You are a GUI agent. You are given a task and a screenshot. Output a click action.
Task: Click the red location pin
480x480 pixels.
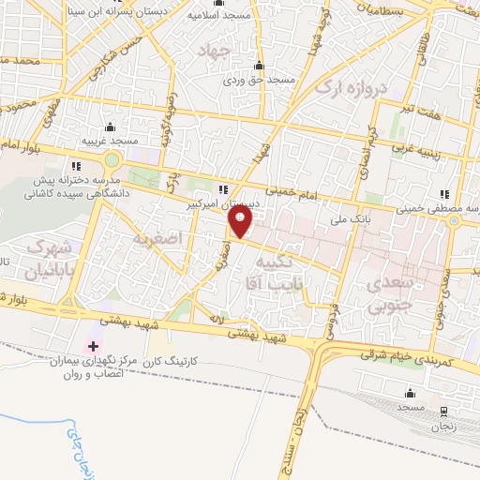tap(241, 221)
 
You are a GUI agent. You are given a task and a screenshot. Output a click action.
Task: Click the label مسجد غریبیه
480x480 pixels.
tap(111, 140)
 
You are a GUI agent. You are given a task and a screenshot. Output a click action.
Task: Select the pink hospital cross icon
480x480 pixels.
tap(92, 347)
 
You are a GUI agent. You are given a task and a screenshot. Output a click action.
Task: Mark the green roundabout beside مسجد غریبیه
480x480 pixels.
tap(112, 161)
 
